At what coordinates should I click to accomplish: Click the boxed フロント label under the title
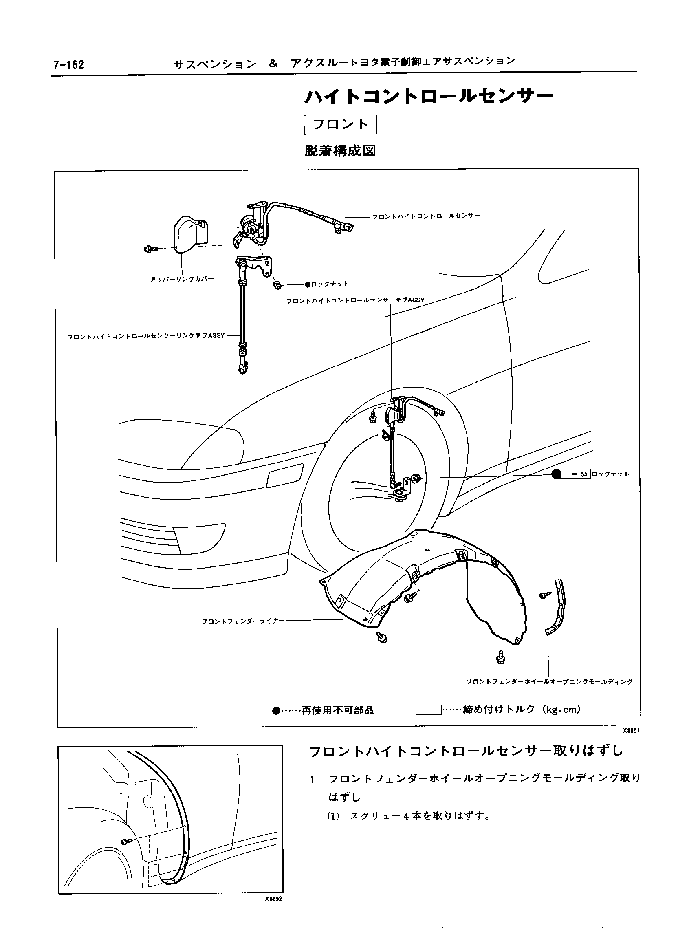click(340, 124)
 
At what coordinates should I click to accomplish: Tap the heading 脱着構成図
click(340, 151)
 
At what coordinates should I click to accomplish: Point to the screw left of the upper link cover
click(150, 249)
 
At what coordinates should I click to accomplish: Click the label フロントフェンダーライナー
click(242, 621)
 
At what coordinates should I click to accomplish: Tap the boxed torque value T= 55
click(577, 474)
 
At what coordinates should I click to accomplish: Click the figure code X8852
click(273, 899)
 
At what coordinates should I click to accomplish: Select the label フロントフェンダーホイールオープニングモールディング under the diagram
click(549, 682)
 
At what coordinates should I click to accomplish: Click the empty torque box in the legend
click(428, 710)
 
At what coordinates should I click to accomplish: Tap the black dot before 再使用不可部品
click(275, 711)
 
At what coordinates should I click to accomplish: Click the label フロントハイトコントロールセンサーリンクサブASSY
click(146, 336)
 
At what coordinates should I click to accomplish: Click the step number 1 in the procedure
click(312, 779)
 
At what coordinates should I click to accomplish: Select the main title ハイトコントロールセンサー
click(429, 97)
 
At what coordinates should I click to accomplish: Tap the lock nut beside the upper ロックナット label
click(276, 285)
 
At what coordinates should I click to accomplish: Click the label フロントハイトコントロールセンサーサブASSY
click(355, 300)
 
